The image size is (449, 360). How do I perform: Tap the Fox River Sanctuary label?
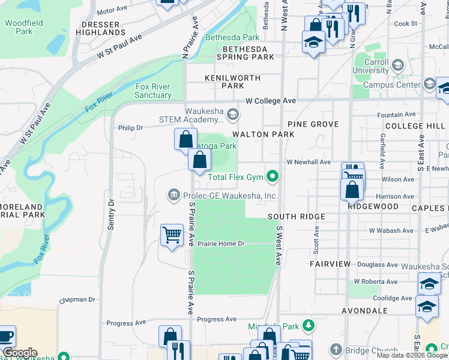(152, 91)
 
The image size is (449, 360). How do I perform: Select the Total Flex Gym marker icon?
(273, 176)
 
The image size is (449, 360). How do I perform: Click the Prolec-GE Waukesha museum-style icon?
(173, 194)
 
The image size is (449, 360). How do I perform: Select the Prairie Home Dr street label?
(222, 244)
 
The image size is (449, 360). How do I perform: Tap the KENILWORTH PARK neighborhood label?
(232, 82)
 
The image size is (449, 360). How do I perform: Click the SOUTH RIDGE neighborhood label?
(296, 217)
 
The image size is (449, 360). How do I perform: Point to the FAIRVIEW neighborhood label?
(330, 264)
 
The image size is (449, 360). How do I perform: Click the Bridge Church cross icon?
(336, 350)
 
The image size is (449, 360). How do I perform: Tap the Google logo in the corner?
(19, 353)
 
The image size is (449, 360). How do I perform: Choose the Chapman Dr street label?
(77, 299)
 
